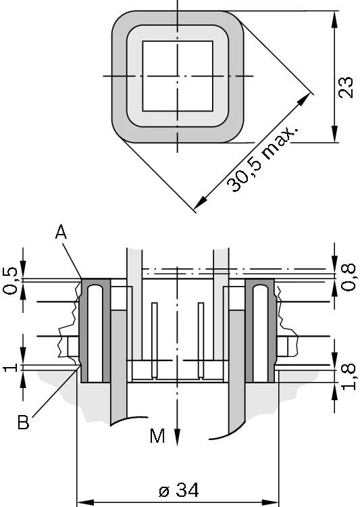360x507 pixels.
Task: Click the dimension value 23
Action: [346, 87]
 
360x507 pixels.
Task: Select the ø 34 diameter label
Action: [179, 490]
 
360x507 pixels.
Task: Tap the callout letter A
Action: [61, 232]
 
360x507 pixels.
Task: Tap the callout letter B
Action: [23, 422]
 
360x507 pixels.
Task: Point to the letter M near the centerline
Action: [157, 435]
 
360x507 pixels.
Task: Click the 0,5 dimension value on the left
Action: [10, 281]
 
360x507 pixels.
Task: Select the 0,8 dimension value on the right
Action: [349, 277]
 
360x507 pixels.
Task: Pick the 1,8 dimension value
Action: [349, 377]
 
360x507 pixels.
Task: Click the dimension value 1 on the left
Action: [10, 368]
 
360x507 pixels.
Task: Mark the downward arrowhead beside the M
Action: [177, 437]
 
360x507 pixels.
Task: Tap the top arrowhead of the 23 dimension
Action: [335, 19]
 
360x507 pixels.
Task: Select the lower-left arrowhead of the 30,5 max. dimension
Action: [201, 202]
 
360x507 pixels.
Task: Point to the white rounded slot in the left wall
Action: [95, 334]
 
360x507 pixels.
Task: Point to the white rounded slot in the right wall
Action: [261, 334]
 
